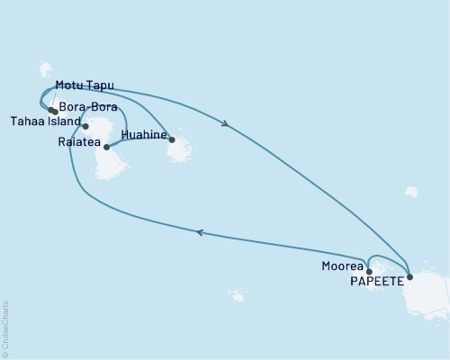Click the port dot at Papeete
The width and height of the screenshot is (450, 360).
click(410, 277)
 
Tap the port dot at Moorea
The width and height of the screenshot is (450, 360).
click(369, 270)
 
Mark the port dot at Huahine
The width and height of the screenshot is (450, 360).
click(172, 139)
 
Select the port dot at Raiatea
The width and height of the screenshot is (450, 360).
click(107, 147)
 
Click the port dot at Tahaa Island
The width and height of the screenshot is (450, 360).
click(85, 126)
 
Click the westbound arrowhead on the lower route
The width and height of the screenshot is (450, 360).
click(200, 232)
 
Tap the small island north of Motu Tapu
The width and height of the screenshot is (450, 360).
click(45, 69)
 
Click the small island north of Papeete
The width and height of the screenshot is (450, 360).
click(411, 192)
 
